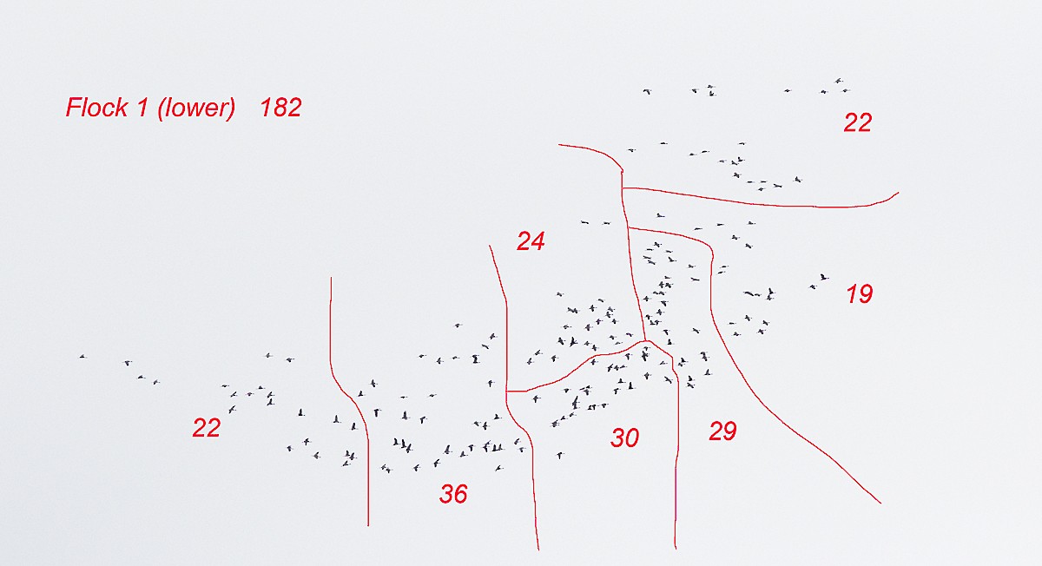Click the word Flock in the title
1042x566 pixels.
tap(96, 108)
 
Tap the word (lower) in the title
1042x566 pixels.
tap(196, 109)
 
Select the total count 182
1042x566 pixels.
tap(281, 108)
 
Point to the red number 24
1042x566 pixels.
tap(531, 241)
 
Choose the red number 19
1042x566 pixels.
tap(859, 294)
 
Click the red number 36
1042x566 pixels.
tap(453, 494)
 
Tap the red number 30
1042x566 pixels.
tap(624, 438)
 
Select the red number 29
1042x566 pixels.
tap(722, 431)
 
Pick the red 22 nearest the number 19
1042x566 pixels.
tap(858, 122)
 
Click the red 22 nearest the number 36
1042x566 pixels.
tap(207, 427)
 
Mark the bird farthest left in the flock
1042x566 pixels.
tap(82, 357)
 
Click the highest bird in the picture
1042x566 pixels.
tap(839, 81)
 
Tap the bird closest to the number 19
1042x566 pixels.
tap(823, 277)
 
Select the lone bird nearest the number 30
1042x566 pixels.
tap(560, 455)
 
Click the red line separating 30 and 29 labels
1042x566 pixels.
tap(676, 446)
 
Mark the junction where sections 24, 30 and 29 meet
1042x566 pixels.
tap(645, 341)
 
